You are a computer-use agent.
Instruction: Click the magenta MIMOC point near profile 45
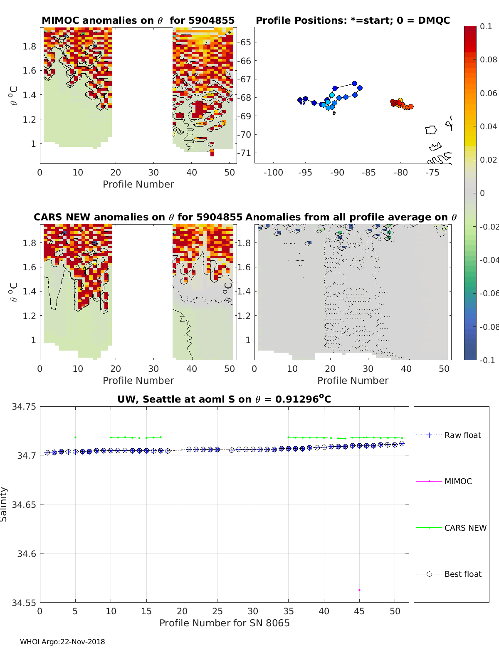tap(359, 590)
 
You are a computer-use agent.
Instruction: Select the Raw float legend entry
tap(462, 435)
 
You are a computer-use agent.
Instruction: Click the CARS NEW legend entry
tap(465, 528)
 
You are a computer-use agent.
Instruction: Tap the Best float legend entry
tap(462, 574)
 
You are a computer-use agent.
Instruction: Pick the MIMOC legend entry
tap(458, 481)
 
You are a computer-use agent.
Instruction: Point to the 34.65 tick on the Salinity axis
tap(24, 504)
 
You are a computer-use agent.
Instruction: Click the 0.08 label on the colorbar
tap(488, 59)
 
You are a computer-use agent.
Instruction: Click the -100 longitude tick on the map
tap(273, 173)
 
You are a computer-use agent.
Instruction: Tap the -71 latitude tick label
tap(244, 153)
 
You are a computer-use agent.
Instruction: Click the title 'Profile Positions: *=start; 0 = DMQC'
tap(353, 20)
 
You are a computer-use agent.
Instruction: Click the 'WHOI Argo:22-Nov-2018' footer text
tap(62, 642)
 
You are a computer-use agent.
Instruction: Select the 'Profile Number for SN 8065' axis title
tap(224, 623)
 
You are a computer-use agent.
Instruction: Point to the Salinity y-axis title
tap(4, 504)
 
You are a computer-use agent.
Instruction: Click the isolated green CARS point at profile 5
tap(75, 437)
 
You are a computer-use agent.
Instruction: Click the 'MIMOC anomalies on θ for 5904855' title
tap(138, 20)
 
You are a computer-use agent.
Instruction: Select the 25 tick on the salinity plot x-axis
tap(217, 611)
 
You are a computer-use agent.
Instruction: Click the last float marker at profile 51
tap(402, 444)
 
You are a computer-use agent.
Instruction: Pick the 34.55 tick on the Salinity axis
tap(24, 603)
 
